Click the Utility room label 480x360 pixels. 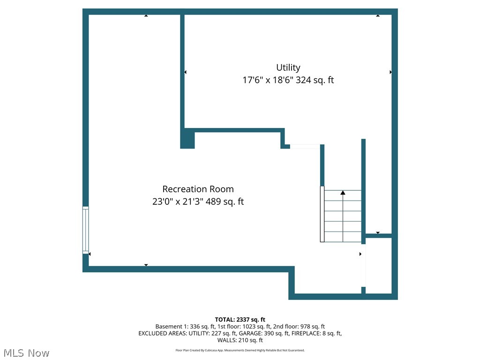click(x=288, y=67)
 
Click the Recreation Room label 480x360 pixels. click(x=198, y=189)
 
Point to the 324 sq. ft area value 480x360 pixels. click(x=315, y=80)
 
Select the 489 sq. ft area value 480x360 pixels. click(x=225, y=202)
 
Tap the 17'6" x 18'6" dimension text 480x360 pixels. click(x=268, y=80)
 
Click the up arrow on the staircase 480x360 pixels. click(x=343, y=193)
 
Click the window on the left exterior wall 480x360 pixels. click(x=85, y=230)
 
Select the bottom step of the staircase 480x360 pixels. click(x=343, y=237)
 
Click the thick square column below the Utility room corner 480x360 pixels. click(x=187, y=140)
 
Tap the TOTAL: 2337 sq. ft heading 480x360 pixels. click(x=240, y=319)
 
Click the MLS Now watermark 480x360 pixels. click(x=26, y=352)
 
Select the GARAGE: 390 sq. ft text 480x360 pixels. click(x=270, y=333)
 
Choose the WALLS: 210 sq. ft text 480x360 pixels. click(x=240, y=340)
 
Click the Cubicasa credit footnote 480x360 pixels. click(x=240, y=350)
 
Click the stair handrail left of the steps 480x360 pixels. click(x=322, y=214)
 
